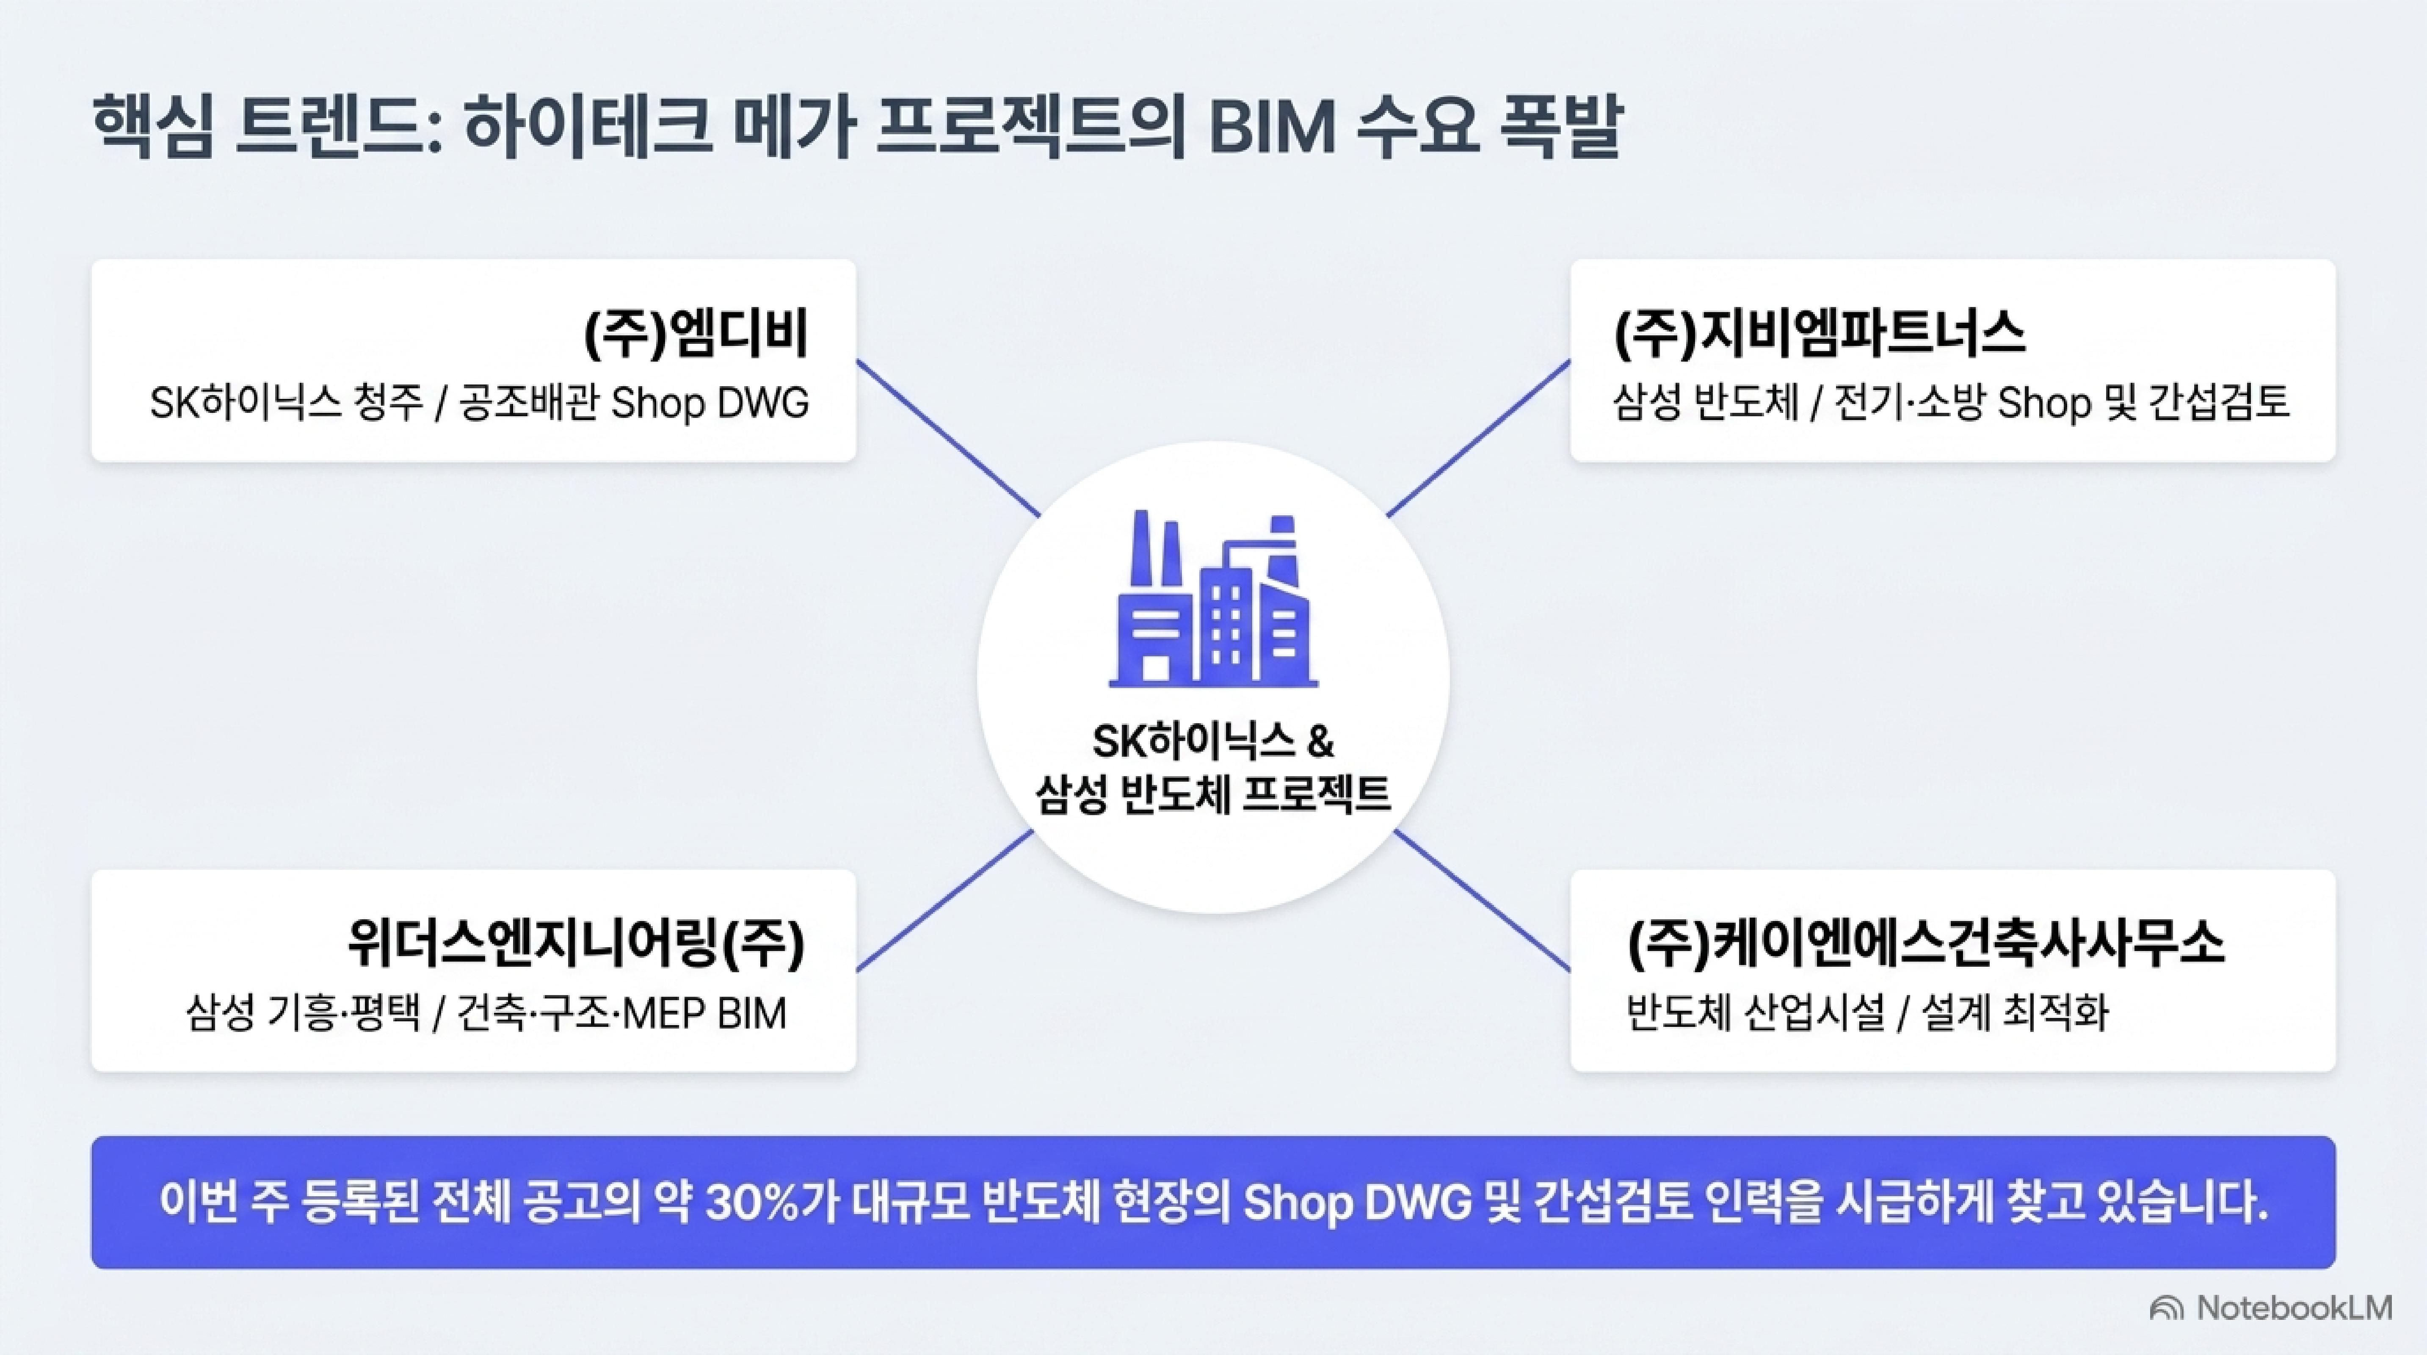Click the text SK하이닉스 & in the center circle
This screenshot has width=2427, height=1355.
click(1213, 741)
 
